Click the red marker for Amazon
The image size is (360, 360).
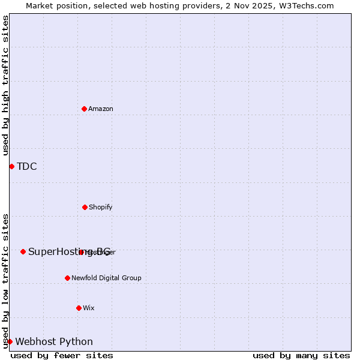(84, 109)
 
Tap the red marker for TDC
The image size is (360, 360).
(11, 166)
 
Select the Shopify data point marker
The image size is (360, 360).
(85, 207)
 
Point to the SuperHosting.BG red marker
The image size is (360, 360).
(23, 251)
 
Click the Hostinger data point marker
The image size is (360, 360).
(81, 252)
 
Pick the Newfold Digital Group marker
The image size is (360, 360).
(67, 278)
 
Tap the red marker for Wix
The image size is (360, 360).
(79, 308)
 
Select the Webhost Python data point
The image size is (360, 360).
(10, 341)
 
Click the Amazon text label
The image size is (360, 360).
(101, 109)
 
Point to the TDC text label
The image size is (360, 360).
(27, 166)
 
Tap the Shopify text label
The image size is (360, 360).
(101, 207)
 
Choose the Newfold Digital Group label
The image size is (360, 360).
(106, 278)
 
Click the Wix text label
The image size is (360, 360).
(89, 308)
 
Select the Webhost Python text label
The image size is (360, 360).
(54, 341)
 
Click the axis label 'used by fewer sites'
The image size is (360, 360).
(62, 355)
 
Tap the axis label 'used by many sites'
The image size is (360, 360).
(301, 355)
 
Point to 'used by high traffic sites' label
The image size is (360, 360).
(5, 85)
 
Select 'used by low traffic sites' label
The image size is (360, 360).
(5, 281)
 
